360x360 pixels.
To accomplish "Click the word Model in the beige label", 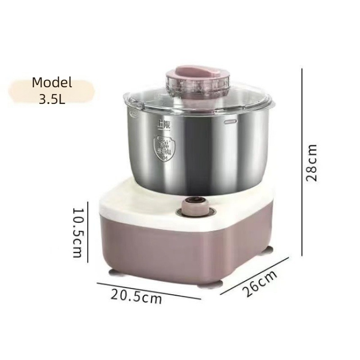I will coord(52,83).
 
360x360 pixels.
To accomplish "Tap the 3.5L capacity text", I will coord(52,99).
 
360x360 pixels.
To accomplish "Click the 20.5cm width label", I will coord(136,297).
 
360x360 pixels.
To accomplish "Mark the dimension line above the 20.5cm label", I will coord(148,291).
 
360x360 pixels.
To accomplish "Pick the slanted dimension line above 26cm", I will coord(254,276).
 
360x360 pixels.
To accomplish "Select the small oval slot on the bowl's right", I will coord(230,121).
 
